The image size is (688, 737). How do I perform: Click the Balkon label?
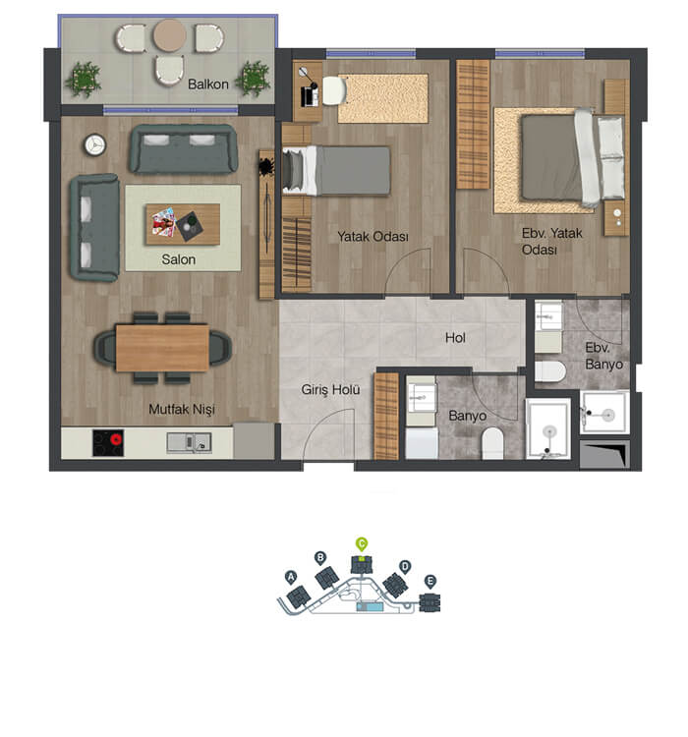click(x=207, y=85)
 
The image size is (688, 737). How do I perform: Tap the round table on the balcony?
click(x=169, y=35)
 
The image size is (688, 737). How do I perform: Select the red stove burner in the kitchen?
click(x=115, y=440)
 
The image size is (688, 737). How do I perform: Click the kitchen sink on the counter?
click(x=189, y=442)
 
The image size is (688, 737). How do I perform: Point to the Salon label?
click(x=178, y=259)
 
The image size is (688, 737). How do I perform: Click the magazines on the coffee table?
click(x=163, y=222)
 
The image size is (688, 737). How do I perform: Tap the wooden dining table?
click(x=162, y=348)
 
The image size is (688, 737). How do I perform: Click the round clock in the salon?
click(x=95, y=145)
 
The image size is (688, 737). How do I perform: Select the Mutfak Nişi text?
click(x=182, y=410)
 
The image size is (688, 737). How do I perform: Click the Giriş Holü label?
click(x=330, y=390)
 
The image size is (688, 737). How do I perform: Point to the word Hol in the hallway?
click(x=455, y=337)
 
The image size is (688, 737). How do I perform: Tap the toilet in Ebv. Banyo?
click(x=550, y=371)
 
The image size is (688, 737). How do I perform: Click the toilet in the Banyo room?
click(x=492, y=443)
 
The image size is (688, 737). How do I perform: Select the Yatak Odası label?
click(x=373, y=237)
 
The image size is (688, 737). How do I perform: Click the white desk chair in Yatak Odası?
click(x=334, y=90)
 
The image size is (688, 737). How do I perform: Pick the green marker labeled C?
click(x=361, y=544)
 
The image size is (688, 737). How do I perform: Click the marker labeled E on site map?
click(x=430, y=582)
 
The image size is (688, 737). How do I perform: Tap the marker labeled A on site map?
click(x=291, y=577)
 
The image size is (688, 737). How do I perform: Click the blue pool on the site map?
click(x=370, y=607)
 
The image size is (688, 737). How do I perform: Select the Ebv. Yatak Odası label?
click(x=552, y=241)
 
